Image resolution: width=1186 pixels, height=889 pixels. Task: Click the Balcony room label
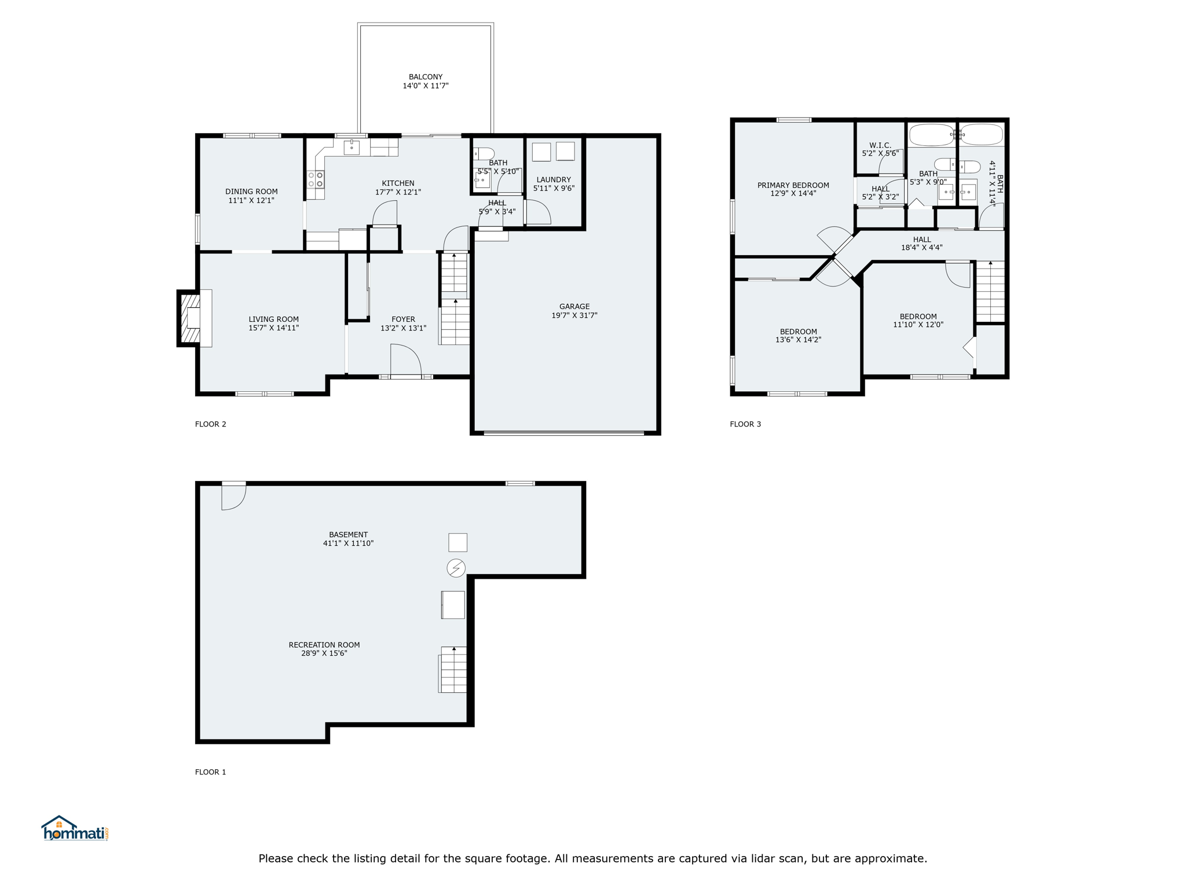pyautogui.click(x=426, y=77)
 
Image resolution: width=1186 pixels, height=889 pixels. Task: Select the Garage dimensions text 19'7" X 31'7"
pyautogui.click(x=574, y=315)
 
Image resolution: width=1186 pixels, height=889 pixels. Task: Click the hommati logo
pyautogui.click(x=75, y=828)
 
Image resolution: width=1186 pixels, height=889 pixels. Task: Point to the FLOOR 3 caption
pyautogui.click(x=745, y=424)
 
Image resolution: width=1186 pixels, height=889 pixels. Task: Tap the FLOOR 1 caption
pyautogui.click(x=211, y=772)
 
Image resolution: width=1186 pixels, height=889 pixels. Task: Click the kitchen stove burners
pyautogui.click(x=316, y=179)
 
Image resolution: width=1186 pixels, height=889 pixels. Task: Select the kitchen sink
pyautogui.click(x=352, y=147)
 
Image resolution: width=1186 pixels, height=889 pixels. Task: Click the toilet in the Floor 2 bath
pyautogui.click(x=484, y=153)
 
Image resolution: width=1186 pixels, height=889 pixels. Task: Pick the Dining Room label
pyautogui.click(x=251, y=192)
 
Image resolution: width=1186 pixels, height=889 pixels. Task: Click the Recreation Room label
pyautogui.click(x=324, y=645)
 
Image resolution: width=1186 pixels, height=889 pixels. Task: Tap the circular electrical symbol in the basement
pyautogui.click(x=456, y=568)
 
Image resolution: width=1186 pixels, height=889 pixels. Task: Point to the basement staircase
pyautogui.click(x=452, y=670)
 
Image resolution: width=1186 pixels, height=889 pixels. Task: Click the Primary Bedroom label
pyautogui.click(x=793, y=185)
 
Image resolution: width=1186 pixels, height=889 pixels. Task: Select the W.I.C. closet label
pyautogui.click(x=880, y=145)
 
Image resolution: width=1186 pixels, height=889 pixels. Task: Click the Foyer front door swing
pyautogui.click(x=405, y=360)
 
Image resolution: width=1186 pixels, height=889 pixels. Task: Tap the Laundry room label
pyautogui.click(x=554, y=179)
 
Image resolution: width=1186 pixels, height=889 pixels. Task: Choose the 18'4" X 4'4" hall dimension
pyautogui.click(x=922, y=248)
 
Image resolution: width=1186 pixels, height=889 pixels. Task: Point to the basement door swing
pyautogui.click(x=234, y=497)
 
